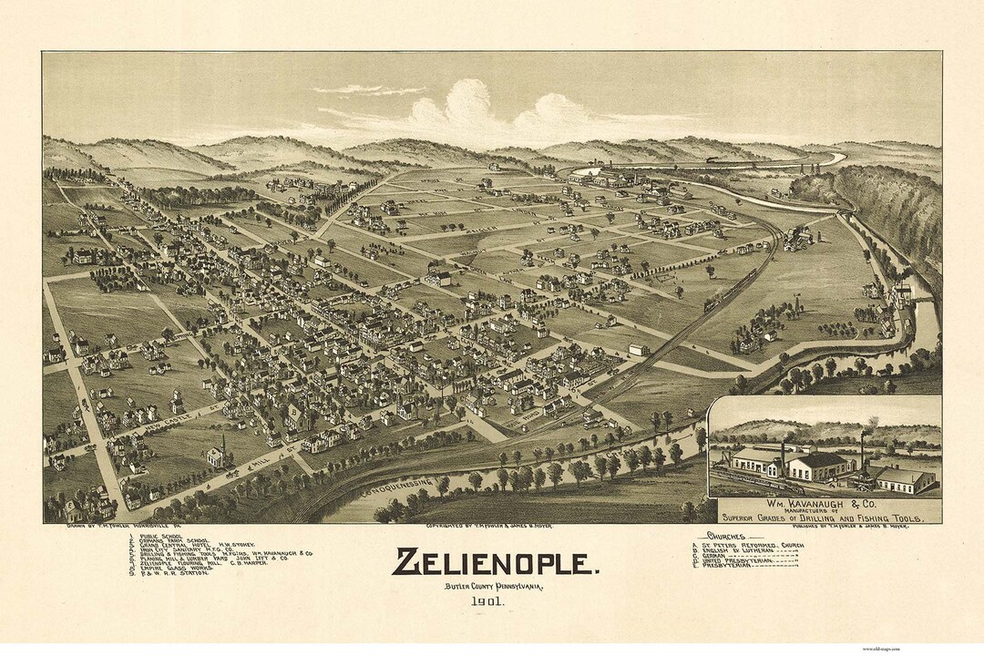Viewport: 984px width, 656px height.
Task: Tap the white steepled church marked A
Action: pos(217,452)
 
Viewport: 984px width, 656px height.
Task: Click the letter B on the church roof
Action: pos(294,411)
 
